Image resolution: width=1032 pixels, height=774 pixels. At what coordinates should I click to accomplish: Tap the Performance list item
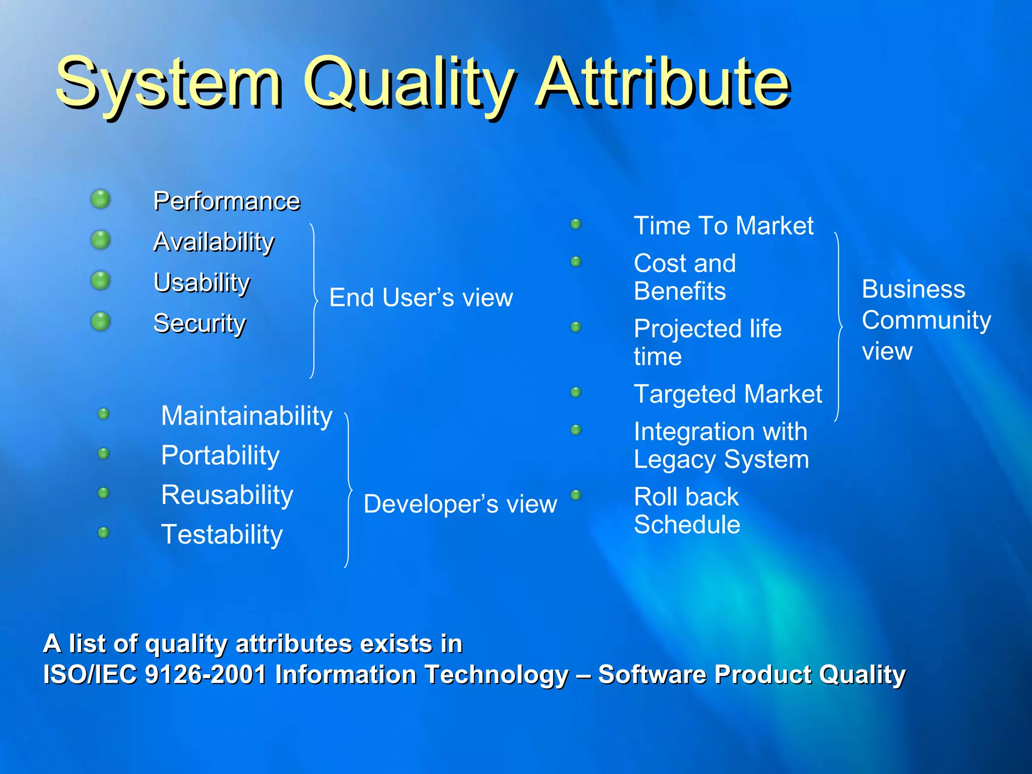click(x=227, y=201)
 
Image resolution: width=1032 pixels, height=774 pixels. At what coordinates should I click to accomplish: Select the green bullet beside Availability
click(x=101, y=240)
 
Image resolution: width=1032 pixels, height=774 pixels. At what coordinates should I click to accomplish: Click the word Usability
click(x=202, y=282)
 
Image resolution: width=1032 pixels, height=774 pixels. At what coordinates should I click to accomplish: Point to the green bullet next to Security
click(x=101, y=321)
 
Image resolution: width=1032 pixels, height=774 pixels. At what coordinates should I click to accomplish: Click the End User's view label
click(x=421, y=297)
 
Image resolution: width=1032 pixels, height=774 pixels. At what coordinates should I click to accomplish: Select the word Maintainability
click(x=246, y=416)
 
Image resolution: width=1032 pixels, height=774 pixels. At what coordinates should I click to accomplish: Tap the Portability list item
click(x=220, y=456)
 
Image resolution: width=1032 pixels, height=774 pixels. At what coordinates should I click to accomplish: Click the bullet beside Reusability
click(x=103, y=493)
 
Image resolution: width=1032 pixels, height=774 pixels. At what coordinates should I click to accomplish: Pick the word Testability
click(x=222, y=535)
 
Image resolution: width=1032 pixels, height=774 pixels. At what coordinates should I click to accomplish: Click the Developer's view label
click(x=460, y=504)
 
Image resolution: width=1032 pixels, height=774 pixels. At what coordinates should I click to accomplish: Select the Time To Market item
click(x=723, y=226)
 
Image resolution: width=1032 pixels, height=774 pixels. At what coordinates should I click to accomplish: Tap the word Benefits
click(x=680, y=291)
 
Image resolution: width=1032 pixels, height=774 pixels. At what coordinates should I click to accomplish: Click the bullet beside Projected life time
click(x=576, y=327)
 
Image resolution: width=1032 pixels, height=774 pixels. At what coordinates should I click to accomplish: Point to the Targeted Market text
click(x=728, y=394)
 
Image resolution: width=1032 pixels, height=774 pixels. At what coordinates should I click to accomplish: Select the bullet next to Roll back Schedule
click(x=576, y=495)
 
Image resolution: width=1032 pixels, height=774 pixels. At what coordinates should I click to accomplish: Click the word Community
click(x=926, y=320)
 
